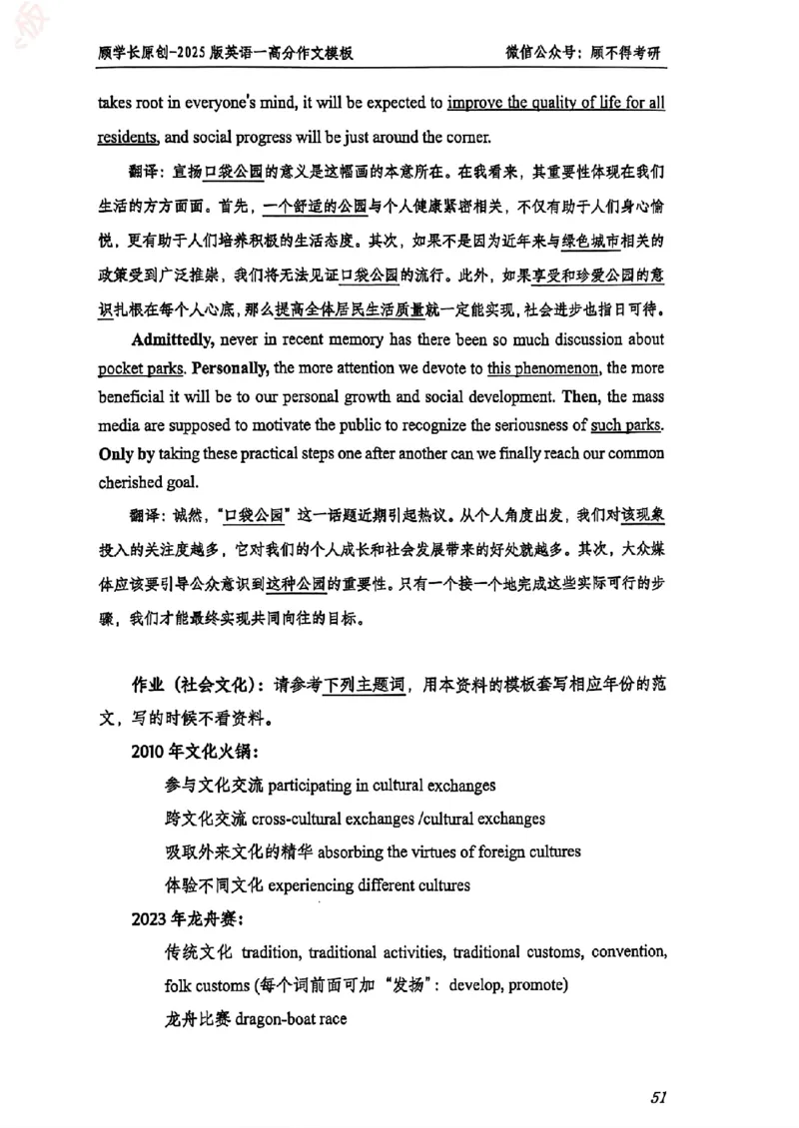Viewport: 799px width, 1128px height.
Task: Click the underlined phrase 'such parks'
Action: (x=625, y=423)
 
